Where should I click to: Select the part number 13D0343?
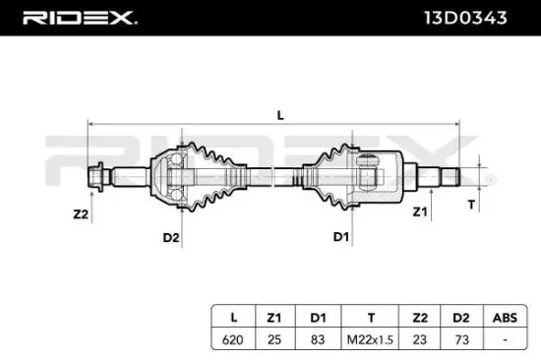(474, 18)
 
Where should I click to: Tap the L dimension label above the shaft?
(280, 115)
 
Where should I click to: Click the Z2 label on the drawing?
(81, 212)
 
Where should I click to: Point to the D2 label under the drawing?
(170, 237)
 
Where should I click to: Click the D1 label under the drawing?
(340, 237)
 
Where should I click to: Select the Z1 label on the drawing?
(420, 210)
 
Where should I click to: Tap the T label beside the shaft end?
(470, 205)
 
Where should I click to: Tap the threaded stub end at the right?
(449, 178)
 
